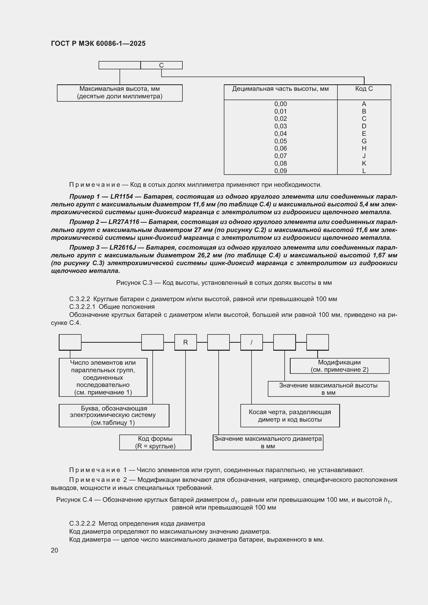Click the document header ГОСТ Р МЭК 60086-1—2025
click(98, 43)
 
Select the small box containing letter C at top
click(161, 65)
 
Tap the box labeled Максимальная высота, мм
click(120, 93)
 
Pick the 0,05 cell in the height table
click(281, 141)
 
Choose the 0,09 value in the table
click(281, 171)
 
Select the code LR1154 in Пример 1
click(125, 197)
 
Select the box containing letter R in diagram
click(185, 342)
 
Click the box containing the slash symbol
click(252, 342)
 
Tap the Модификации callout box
click(340, 366)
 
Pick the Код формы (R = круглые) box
click(155, 442)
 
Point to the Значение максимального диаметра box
click(268, 442)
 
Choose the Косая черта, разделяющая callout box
click(290, 416)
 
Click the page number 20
click(55, 550)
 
